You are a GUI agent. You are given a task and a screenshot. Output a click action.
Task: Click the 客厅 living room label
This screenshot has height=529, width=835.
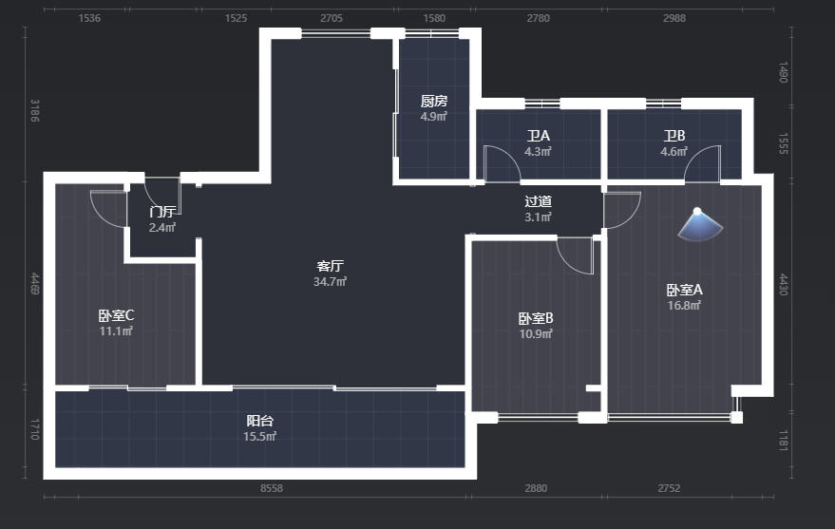[x=331, y=266]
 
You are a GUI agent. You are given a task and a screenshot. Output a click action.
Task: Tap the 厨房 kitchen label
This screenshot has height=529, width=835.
[x=434, y=101]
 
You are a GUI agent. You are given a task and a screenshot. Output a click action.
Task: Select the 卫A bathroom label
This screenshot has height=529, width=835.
[x=539, y=136]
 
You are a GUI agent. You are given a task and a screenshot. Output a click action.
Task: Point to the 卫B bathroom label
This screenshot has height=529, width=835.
[x=674, y=136]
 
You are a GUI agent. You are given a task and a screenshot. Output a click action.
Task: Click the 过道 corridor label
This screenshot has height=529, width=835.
[x=538, y=201]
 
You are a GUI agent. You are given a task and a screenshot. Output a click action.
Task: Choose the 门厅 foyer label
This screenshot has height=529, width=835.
[x=162, y=212]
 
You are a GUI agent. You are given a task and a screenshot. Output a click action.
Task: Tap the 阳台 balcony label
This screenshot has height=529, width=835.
[x=260, y=421]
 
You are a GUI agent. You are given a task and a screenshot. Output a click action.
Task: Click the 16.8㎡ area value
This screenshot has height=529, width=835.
[x=684, y=306]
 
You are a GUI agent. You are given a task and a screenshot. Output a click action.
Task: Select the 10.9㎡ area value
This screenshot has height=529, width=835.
[x=536, y=334]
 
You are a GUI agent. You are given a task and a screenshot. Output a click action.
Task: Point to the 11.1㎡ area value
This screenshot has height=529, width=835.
[x=116, y=331]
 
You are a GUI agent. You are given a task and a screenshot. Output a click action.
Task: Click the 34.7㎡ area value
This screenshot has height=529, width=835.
[x=331, y=282]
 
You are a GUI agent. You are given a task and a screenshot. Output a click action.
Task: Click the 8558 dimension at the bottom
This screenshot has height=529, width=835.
[x=272, y=488]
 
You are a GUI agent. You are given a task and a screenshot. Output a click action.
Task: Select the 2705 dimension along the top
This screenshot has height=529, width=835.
[x=332, y=18]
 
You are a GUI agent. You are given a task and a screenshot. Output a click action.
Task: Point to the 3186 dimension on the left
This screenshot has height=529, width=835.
[x=34, y=111]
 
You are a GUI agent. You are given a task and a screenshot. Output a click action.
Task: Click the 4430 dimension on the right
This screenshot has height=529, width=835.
[x=784, y=284]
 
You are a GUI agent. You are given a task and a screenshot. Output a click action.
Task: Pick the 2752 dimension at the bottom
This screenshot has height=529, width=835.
[x=669, y=488]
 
